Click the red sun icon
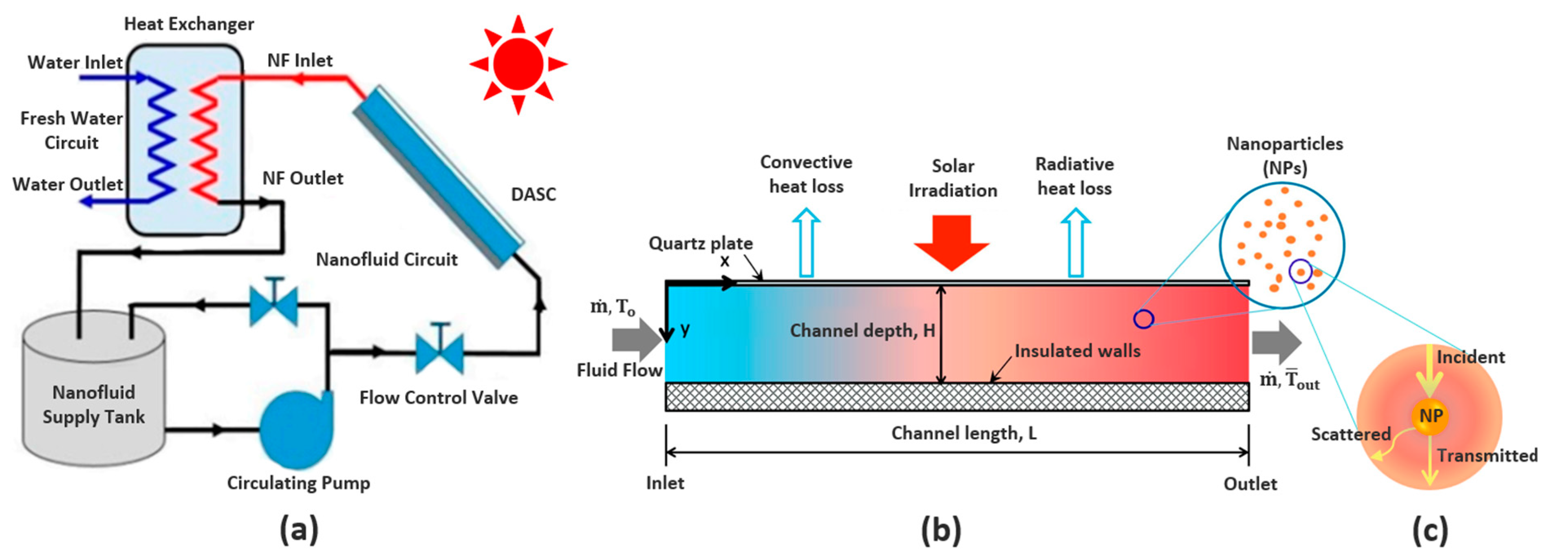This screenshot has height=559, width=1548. coord(518,64)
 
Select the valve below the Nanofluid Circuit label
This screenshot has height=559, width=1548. coord(274,303)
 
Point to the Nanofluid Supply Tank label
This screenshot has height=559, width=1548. coord(94,404)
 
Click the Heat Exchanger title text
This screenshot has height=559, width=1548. coord(189,24)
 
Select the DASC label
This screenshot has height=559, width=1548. coord(533,194)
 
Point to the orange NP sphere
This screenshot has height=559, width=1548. coord(1430,415)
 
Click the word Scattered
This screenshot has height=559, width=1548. coord(1350,433)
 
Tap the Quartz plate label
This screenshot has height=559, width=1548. coord(700,243)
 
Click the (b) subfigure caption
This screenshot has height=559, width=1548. coord(941,530)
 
